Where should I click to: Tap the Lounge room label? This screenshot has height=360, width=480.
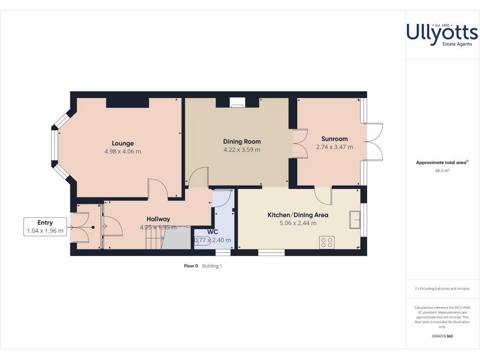click(122, 143)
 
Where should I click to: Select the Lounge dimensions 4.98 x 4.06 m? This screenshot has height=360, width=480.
click(122, 151)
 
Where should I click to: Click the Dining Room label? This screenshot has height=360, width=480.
click(241, 142)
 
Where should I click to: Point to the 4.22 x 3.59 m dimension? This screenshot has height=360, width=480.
click(241, 150)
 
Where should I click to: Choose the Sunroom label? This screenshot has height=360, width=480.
click(334, 139)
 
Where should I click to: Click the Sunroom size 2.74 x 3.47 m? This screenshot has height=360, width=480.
click(334, 147)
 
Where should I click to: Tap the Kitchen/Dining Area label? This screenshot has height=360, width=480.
click(298, 215)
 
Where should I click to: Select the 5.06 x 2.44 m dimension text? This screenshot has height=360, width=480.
click(298, 223)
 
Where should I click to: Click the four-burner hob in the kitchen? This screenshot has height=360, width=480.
click(327, 242)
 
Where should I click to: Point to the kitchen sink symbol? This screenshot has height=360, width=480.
click(354, 220)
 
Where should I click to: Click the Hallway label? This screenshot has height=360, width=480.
click(158, 219)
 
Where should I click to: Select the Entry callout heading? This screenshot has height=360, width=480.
click(45, 223)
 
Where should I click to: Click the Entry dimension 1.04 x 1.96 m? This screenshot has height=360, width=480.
click(45, 231)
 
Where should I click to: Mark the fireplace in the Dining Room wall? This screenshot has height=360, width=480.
click(237, 103)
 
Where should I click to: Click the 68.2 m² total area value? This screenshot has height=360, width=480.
click(442, 171)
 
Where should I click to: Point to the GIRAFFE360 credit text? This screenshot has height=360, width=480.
click(442, 336)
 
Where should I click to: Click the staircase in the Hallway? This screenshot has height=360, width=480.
click(155, 239)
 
